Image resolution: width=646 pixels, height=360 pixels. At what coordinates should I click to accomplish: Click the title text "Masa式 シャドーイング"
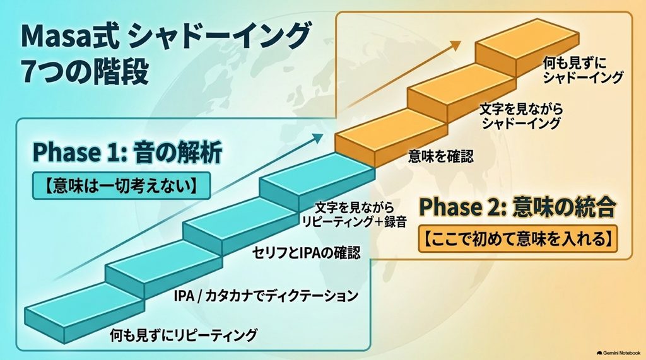[165, 37]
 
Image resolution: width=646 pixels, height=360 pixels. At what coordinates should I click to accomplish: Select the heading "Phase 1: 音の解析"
[127, 153]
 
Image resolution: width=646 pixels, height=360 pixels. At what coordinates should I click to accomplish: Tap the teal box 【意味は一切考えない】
[120, 186]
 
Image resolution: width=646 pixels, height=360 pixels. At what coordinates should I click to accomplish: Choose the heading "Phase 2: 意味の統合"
[517, 207]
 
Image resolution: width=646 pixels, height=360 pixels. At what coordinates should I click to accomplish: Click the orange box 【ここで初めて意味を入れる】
[517, 238]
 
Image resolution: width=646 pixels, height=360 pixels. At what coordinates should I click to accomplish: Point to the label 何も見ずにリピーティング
[184, 335]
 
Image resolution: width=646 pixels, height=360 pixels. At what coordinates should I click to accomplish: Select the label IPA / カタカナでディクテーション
[266, 295]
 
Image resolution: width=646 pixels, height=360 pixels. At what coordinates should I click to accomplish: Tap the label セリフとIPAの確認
[306, 252]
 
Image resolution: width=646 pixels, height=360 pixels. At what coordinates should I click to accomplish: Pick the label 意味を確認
[441, 156]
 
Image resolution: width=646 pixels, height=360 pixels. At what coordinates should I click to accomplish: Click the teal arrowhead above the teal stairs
[318, 138]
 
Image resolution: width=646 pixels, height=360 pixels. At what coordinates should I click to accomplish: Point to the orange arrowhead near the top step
[455, 45]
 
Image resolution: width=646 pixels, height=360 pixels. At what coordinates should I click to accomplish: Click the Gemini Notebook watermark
[618, 353]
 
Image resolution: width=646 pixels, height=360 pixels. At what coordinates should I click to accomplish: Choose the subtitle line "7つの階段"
[85, 71]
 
